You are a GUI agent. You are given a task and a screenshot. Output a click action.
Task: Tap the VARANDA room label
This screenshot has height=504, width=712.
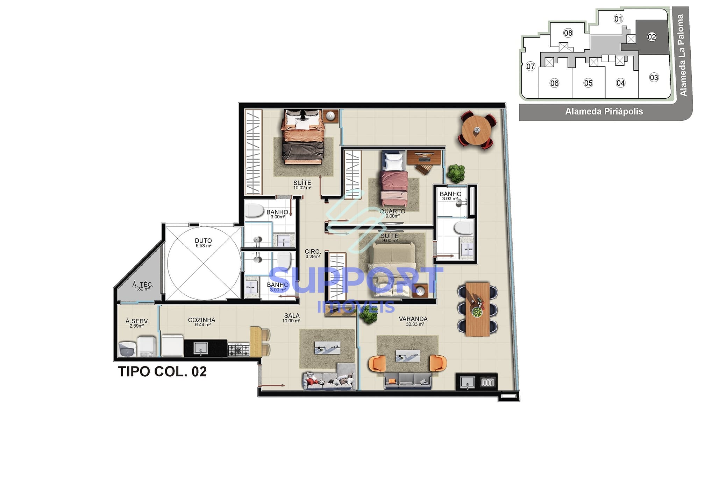coord(413,319)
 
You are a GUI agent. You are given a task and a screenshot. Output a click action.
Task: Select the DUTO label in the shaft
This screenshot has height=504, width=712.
coord(203,241)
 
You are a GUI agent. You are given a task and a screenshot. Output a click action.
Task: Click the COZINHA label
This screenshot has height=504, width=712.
coord(201,320)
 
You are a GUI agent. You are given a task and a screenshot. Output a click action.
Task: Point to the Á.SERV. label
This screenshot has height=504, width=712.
coord(137,321)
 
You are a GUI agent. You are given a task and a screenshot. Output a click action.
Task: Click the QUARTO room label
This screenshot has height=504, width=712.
coord(392,211)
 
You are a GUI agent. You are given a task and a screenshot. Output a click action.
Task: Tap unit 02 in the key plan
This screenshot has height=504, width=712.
coord(652,37)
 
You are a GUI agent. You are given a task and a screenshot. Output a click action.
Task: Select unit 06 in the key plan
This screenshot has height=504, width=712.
coord(554,83)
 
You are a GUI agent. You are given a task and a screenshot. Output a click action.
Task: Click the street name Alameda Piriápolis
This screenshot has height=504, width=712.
coord(604,112)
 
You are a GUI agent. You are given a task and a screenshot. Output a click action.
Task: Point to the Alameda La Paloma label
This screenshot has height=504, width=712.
coord(682,55)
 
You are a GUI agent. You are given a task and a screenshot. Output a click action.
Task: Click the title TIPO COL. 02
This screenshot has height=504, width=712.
coord(162,372)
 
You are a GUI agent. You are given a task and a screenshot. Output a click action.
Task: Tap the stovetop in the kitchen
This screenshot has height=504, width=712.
coord(238,350)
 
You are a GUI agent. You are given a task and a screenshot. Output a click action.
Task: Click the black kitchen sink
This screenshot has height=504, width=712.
coord(201,348)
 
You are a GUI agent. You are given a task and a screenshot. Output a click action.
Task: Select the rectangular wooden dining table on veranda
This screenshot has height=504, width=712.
coord(477,309)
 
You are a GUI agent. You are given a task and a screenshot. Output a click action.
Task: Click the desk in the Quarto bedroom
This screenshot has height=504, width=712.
coord(423,157)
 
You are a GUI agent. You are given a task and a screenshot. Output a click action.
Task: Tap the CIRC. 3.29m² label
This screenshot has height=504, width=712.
coord(313,253)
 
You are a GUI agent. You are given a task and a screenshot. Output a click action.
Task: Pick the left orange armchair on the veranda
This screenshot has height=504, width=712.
coord(377,363)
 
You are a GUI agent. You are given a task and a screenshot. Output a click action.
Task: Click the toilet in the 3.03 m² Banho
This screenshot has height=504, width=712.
coord(464,228)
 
